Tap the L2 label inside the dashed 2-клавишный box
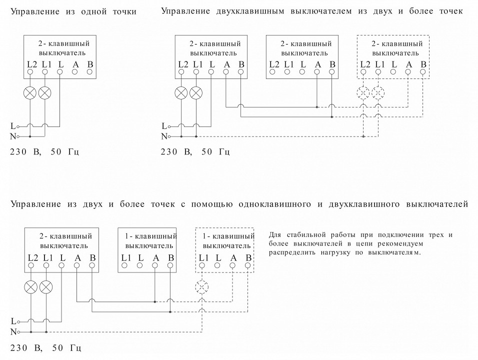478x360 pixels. coord(365,64)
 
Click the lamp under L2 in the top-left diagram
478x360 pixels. coord(30,92)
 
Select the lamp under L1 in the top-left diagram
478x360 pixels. coord(45,92)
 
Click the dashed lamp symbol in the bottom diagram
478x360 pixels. coord(202,286)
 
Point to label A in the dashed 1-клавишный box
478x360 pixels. coord(233,257)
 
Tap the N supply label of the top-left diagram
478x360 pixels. coord(12,136)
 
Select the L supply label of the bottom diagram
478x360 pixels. coord(12,320)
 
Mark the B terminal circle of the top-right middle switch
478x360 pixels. coord(332,72)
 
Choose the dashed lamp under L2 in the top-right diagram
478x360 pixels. coord(363,92)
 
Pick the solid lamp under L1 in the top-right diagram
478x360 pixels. coord(196,92)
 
